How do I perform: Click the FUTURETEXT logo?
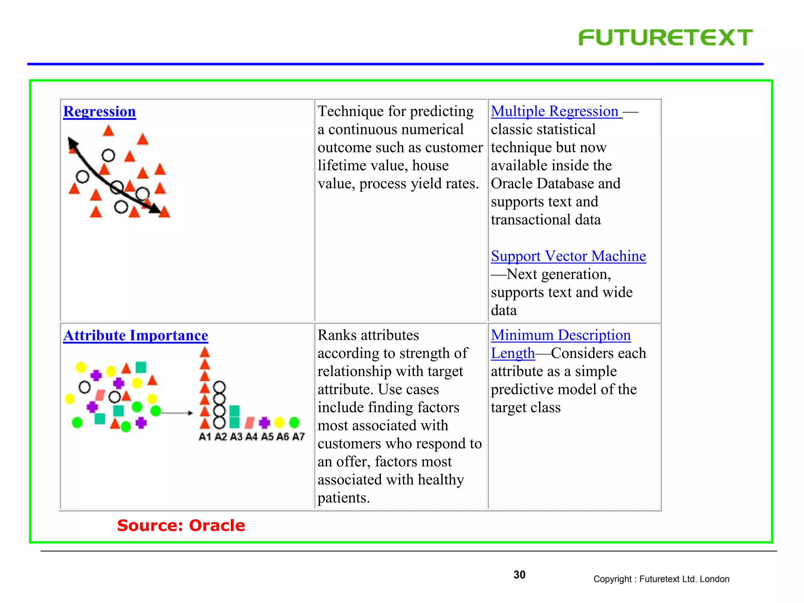coord(665,38)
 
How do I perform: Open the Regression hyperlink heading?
coord(99,111)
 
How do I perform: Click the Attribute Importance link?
coord(135,336)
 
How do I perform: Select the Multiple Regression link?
coord(554,111)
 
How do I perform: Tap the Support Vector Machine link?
coord(568,256)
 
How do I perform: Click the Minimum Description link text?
coord(561,335)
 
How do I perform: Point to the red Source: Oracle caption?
coord(181,525)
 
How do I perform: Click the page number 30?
coord(519,575)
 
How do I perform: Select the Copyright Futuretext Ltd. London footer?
coord(661,579)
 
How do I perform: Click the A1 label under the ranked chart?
coord(205,437)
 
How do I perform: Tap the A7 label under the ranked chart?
coord(298,437)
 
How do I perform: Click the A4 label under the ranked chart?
coord(251,437)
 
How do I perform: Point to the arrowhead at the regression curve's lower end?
coord(155,209)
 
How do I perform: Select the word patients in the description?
coord(343,498)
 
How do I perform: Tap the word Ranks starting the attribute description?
coord(337,335)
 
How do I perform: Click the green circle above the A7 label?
coord(294,422)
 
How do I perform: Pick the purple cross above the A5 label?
coord(264,422)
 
